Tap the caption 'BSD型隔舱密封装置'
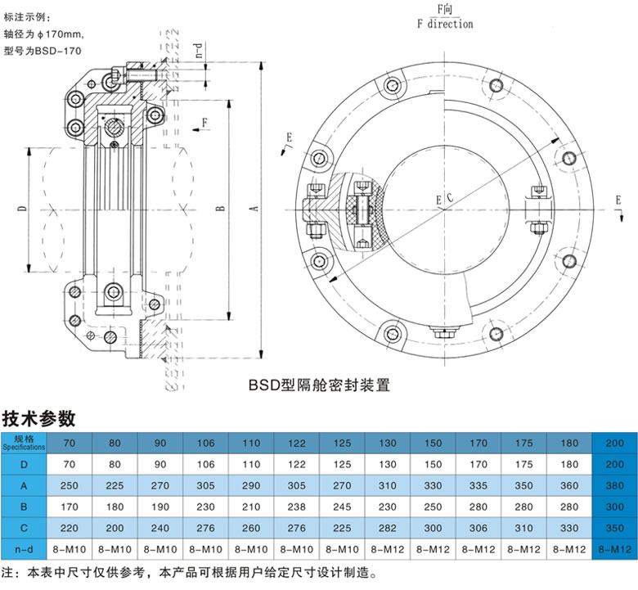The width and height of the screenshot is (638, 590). click(x=319, y=382)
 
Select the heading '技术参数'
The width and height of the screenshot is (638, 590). click(x=39, y=418)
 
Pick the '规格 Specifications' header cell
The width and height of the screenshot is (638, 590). click(x=24, y=443)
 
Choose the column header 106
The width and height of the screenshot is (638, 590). click(x=205, y=443)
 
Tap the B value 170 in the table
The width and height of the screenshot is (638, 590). click(x=70, y=507)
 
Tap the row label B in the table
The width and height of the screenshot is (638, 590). click(x=24, y=507)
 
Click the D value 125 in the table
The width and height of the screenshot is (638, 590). click(x=342, y=465)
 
